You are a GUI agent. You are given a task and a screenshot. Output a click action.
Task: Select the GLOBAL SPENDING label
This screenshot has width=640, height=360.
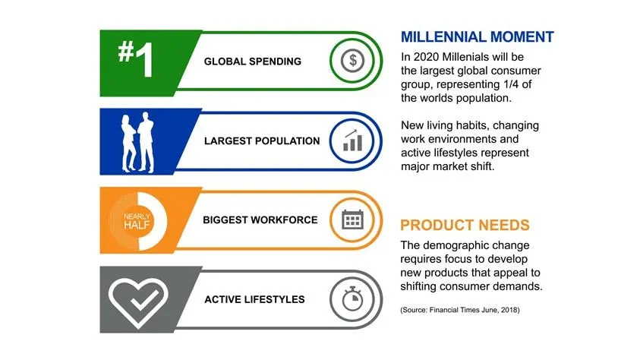(x=252, y=62)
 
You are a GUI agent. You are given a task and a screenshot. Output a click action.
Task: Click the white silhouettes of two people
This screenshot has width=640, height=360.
(x=137, y=140)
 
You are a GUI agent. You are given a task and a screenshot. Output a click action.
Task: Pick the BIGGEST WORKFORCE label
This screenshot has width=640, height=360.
(x=260, y=220)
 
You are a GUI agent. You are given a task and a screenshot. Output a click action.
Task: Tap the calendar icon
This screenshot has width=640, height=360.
(x=351, y=220)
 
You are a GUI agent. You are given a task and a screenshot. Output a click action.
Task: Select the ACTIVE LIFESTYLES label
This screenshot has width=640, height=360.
(x=254, y=299)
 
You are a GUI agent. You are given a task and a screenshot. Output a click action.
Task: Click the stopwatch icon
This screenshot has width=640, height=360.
(x=351, y=299)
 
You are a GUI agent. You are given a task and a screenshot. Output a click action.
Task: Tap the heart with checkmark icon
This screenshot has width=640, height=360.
(x=137, y=299)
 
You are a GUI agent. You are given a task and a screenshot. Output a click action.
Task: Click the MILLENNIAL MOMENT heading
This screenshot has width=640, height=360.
(x=477, y=37)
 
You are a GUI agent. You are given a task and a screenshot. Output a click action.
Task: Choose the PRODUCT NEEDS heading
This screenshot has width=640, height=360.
(x=465, y=226)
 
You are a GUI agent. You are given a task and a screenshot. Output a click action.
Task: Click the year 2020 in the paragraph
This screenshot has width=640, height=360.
(x=426, y=56)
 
